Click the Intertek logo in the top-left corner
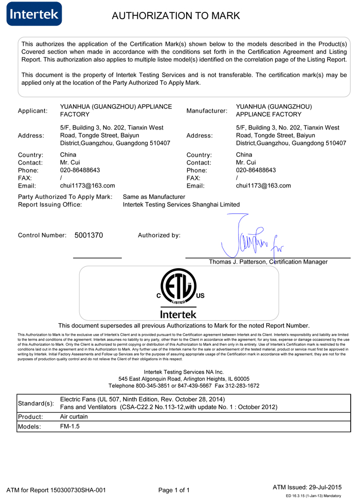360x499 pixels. [x=34, y=14]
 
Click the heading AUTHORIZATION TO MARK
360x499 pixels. [x=176, y=16]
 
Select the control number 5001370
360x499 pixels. [x=89, y=235]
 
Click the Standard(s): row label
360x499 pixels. [x=36, y=403]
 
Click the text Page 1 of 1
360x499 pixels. [x=174, y=490]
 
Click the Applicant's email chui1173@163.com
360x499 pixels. [x=87, y=186]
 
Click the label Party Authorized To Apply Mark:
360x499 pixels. [x=65, y=197]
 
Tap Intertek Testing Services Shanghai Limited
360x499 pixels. [x=181, y=205]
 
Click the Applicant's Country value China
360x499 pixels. [x=68, y=155]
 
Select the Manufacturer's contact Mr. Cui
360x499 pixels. [x=247, y=162]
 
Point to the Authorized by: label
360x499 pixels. [x=159, y=235]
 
